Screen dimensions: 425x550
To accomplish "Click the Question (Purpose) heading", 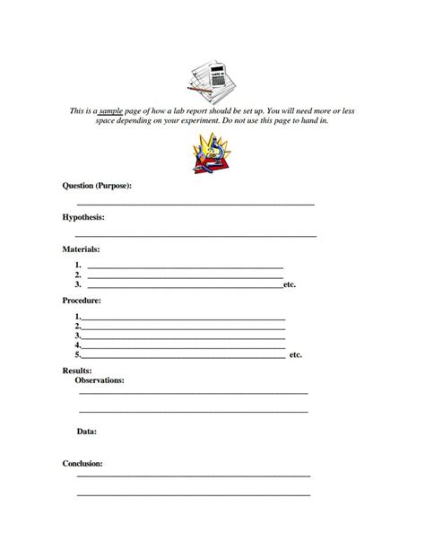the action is [98, 186].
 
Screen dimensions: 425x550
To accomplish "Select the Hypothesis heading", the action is [83, 217].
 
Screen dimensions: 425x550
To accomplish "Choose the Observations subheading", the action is [100, 380].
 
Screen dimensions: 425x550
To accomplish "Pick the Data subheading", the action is [86, 432].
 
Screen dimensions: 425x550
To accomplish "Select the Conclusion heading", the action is [82, 464].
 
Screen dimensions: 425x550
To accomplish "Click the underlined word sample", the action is [134, 109].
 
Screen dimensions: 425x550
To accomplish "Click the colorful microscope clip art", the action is [212, 150].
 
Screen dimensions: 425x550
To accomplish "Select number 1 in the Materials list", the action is [79, 266].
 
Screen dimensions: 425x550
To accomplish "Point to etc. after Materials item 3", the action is [289, 284].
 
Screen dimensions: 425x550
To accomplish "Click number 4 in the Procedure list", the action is [79, 345].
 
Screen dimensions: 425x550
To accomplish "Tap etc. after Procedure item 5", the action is [296, 355].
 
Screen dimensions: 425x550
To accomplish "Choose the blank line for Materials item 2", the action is [185, 275].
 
